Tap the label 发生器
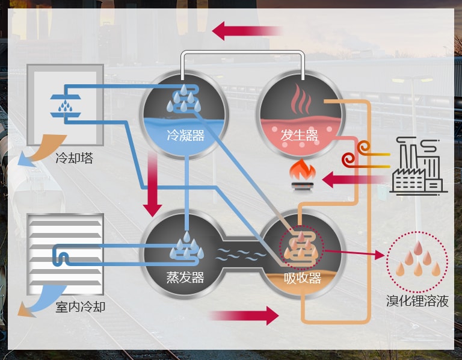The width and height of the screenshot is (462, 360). (x=299, y=135)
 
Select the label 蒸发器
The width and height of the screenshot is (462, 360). (x=185, y=278)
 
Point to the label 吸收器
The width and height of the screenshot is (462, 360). (x=302, y=278)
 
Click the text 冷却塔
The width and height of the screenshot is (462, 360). (x=74, y=159)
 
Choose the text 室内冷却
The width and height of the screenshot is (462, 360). (x=80, y=307)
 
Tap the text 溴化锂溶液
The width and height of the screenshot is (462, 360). (x=417, y=301)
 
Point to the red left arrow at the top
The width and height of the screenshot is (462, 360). (x=247, y=29)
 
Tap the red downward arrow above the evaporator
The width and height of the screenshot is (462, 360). (x=152, y=184)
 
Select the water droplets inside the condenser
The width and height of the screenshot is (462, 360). (x=183, y=99)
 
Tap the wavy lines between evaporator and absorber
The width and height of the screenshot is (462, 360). (x=241, y=253)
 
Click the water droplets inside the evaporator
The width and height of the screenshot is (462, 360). (x=185, y=247)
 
